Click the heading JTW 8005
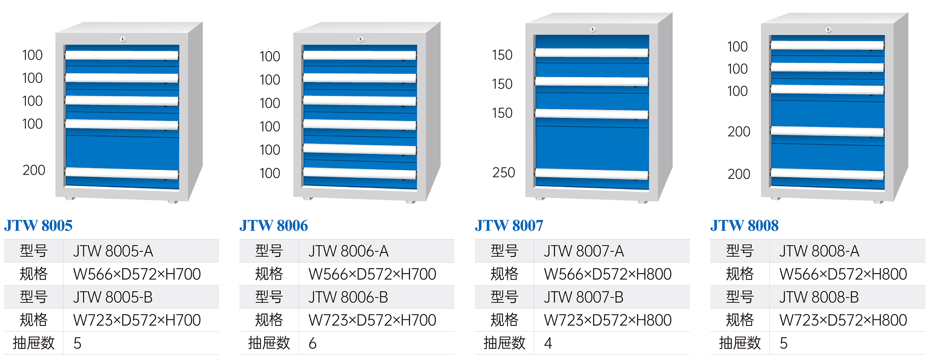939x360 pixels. point(38,225)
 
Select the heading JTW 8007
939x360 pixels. point(509,225)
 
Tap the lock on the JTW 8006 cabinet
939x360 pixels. point(361,39)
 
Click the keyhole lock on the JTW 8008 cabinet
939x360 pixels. point(829,29)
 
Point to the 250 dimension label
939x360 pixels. point(504,172)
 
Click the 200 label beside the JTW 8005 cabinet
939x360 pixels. point(34,170)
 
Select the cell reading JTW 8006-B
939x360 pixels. point(348,297)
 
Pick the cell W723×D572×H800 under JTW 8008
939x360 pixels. point(843,320)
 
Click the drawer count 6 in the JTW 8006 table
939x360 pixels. point(312,343)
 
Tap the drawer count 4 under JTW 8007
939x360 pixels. point(548,343)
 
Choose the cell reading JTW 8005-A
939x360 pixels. point(113,251)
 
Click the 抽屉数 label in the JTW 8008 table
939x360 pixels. point(740,343)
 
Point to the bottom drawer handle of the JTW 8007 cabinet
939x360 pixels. point(592,174)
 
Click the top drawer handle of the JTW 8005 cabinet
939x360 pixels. point(122,55)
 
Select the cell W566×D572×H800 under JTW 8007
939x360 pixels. point(608,274)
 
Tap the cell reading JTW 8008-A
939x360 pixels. point(819,251)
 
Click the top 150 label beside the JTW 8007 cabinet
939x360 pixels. point(502,55)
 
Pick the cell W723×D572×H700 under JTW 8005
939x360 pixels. point(137,320)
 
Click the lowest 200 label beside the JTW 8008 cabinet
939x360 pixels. point(739,174)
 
